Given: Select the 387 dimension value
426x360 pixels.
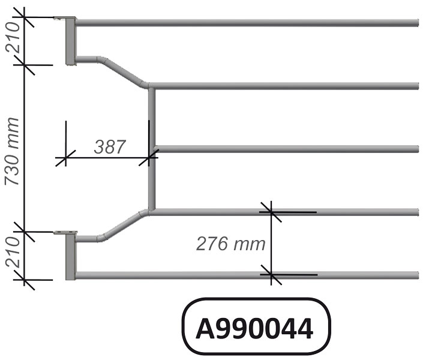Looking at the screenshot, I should coord(109,146).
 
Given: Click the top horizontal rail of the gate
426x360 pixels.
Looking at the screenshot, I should coord(246,23).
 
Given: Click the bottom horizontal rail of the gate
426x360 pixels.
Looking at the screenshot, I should coord(246,275).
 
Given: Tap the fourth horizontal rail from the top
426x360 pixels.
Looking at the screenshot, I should coord(348,211).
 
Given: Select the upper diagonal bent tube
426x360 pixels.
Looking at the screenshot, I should coord(123,72).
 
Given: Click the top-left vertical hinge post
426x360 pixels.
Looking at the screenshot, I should coord(69,41).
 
